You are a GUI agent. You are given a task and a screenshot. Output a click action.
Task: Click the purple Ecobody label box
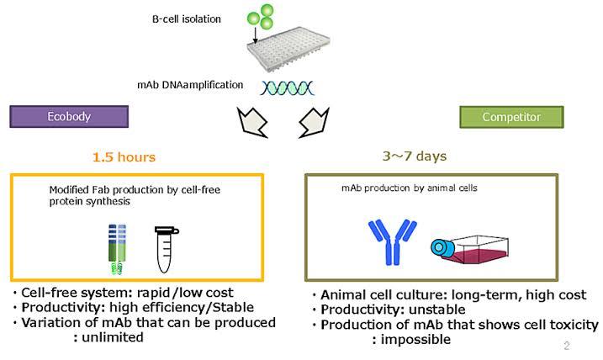[69, 117]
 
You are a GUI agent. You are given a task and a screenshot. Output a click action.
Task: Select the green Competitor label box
[511, 117]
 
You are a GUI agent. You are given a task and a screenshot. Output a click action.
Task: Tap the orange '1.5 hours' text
[124, 157]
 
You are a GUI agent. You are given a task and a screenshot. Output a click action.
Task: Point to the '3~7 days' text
[415, 156]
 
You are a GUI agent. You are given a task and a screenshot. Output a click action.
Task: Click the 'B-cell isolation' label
[187, 19]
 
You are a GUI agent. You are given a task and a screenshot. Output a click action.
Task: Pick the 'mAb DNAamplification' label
[190, 85]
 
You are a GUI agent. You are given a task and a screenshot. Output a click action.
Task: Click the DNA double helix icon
[288, 88]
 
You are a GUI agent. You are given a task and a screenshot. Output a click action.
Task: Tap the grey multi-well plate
[288, 49]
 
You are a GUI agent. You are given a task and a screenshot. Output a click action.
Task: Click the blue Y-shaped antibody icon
[392, 242]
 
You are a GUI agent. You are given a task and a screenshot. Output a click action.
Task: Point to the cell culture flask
[470, 249]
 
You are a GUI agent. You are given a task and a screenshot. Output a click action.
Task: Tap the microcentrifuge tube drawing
[166, 249]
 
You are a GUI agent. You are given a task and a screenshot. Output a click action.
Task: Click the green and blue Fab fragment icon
[117, 249]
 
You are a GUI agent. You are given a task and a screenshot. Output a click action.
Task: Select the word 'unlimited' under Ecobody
[113, 337]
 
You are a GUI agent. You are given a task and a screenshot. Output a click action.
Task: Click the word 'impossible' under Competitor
[415, 340]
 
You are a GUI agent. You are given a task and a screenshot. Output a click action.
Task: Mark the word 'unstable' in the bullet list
[436, 310]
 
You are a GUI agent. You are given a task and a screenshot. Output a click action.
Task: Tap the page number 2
[567, 346]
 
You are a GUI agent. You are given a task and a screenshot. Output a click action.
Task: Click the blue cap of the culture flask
[440, 248]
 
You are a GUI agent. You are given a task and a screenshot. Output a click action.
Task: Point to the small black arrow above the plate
[255, 35]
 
